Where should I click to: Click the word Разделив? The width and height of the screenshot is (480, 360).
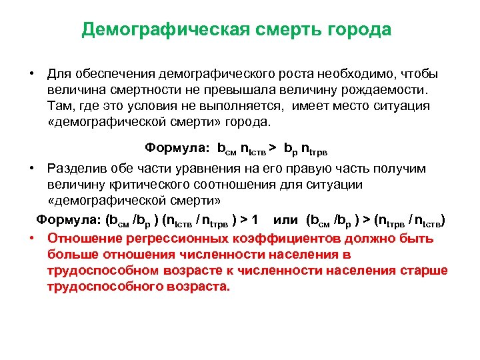[77, 169]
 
